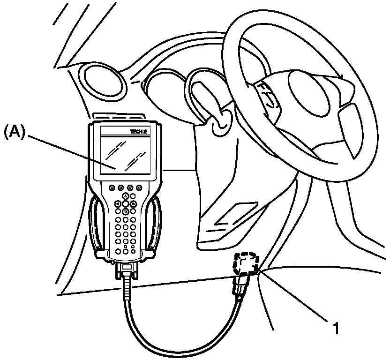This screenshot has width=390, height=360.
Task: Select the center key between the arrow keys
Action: [x=126, y=204]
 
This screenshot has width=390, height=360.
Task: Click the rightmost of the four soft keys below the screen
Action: [x=140, y=187]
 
